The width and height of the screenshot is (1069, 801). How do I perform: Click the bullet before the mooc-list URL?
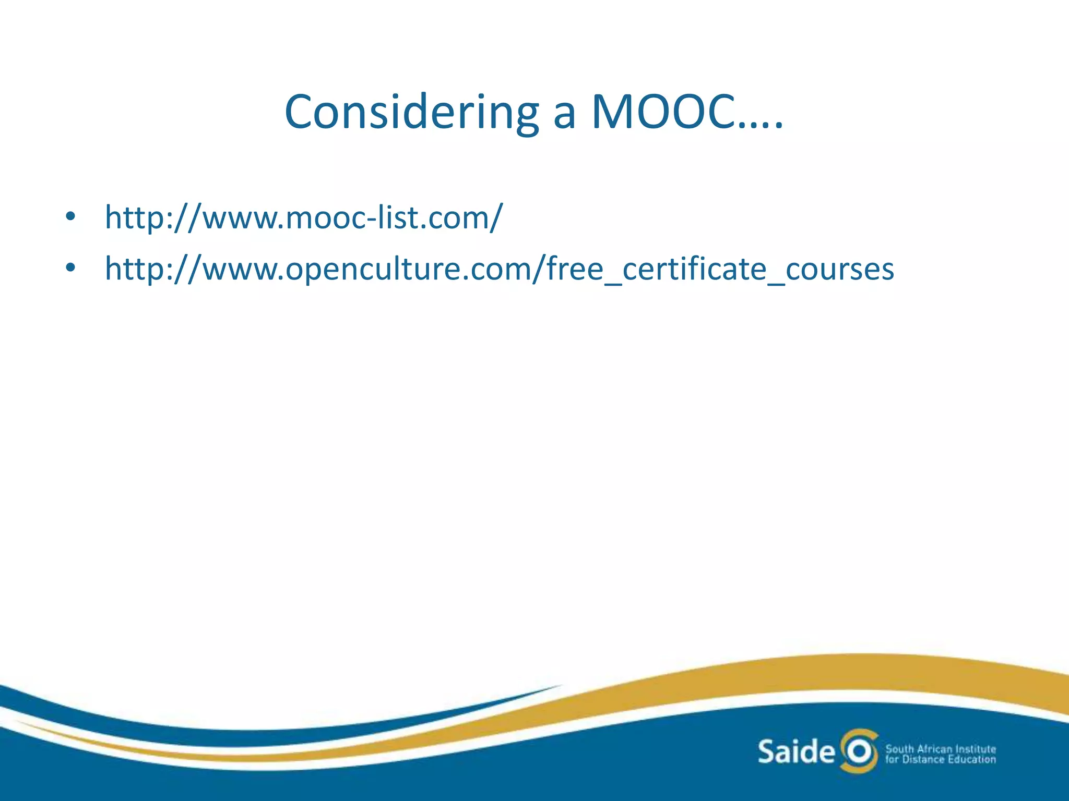click(x=70, y=217)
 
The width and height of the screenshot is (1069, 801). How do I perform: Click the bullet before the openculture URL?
click(x=70, y=268)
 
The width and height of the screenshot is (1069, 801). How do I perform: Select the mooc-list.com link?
click(x=304, y=217)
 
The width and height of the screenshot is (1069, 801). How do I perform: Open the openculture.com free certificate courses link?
click(x=499, y=269)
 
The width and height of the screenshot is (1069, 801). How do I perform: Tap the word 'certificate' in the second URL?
click(x=694, y=269)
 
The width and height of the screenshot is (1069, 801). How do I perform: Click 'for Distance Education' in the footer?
click(x=941, y=760)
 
